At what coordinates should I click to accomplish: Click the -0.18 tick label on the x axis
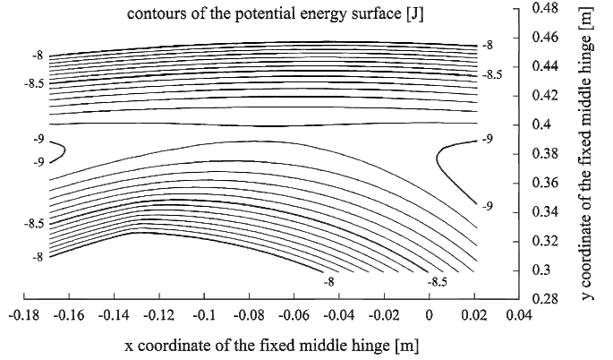point(23,314)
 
